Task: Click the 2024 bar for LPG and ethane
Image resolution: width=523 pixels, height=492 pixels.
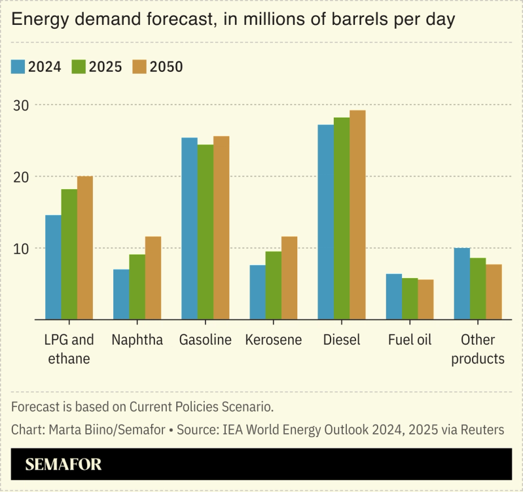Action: point(53,267)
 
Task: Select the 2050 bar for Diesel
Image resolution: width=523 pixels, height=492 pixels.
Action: point(357,215)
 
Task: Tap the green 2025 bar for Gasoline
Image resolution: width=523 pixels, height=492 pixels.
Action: point(206,232)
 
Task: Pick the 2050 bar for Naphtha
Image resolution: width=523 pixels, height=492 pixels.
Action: point(153,278)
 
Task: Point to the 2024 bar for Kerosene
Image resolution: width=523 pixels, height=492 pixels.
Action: point(257,292)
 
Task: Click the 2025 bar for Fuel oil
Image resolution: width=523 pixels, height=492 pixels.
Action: point(410,299)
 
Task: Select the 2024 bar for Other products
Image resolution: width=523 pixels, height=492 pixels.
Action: point(462,284)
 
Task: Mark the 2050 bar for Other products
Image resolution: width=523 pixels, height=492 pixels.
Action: point(494,292)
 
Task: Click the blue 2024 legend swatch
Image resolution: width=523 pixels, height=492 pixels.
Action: point(18,67)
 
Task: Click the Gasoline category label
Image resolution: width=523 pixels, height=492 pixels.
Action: point(205,340)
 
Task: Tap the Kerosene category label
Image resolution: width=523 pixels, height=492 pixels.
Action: point(273,340)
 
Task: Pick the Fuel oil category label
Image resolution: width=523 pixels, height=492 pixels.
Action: point(410,340)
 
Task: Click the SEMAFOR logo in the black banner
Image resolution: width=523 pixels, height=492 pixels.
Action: point(63,465)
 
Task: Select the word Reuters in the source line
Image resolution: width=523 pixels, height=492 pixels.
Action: point(482,430)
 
